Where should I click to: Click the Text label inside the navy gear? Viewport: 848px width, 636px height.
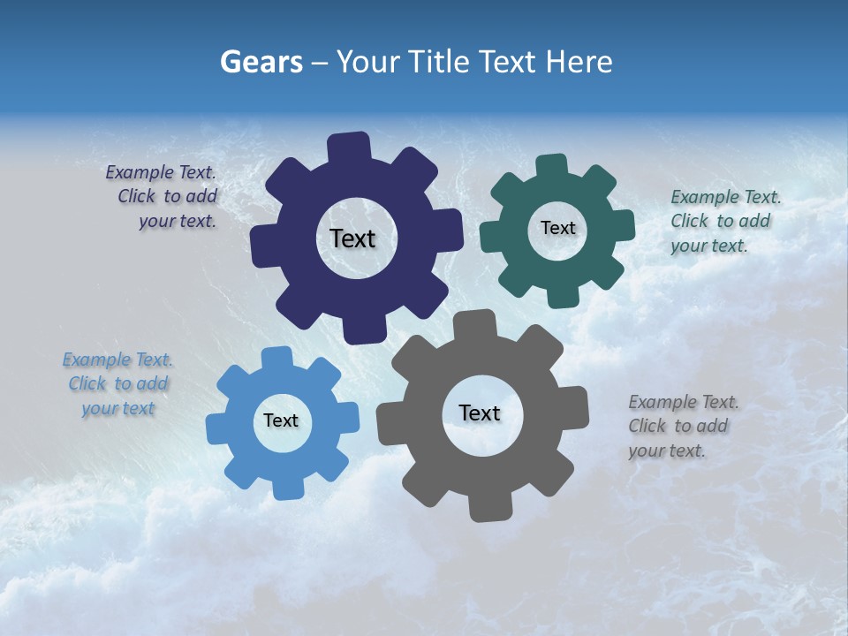point(352,238)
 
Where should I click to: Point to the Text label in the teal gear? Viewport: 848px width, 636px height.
point(557,228)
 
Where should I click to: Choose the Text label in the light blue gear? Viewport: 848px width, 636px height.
point(281,420)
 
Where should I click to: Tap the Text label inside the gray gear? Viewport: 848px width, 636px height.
point(480,413)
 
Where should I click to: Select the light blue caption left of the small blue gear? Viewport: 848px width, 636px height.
point(118,384)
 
